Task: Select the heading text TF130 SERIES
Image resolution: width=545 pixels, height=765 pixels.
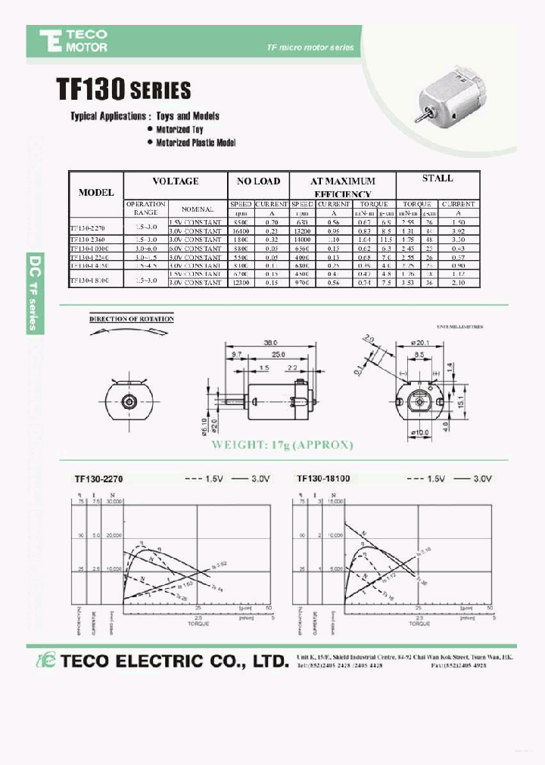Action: pyautogui.click(x=123, y=91)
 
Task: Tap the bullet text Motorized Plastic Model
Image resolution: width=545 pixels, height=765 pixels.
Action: pyautogui.click(x=196, y=143)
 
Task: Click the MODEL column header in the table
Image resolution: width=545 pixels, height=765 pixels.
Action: pyautogui.click(x=96, y=192)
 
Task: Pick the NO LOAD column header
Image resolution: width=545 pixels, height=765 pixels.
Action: pyautogui.click(x=259, y=181)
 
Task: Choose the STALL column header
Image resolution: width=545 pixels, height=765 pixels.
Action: pyautogui.click(x=437, y=178)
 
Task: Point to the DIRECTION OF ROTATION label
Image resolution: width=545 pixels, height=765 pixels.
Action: pyautogui.click(x=132, y=319)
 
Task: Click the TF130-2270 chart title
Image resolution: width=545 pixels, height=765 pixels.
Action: pyautogui.click(x=98, y=479)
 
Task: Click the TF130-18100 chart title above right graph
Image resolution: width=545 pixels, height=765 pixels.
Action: pyautogui.click(x=325, y=479)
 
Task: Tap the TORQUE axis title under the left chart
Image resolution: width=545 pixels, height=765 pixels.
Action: pyautogui.click(x=198, y=623)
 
